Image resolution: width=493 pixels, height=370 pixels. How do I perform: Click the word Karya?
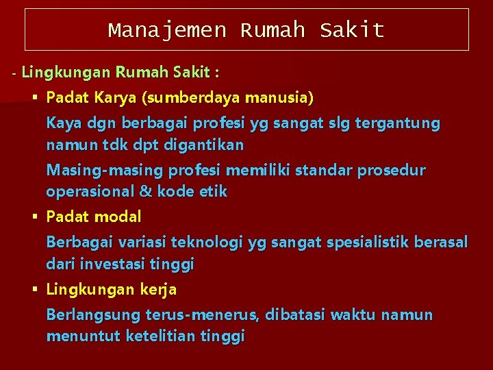tap(114, 98)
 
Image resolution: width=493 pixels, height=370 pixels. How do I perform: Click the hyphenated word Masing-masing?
tap(94, 171)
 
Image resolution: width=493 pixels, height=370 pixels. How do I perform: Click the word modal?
tap(117, 217)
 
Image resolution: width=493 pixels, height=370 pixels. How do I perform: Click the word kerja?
tap(158, 290)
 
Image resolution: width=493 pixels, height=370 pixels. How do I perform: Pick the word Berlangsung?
tap(93, 316)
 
